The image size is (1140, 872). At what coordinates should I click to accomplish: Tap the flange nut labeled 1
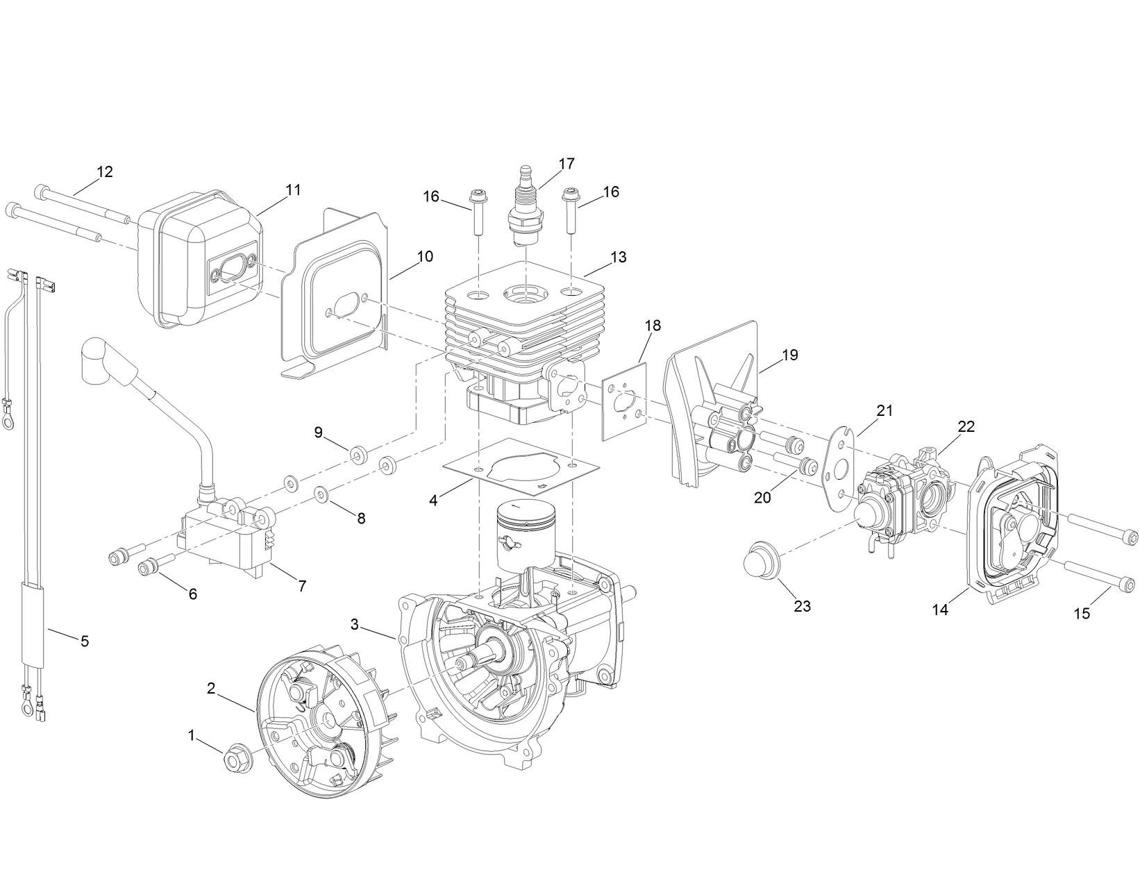(236, 760)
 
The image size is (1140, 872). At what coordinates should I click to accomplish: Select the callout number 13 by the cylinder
(618, 258)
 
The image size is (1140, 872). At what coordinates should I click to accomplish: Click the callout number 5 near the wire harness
(85, 641)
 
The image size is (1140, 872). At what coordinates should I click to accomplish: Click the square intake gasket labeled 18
(624, 403)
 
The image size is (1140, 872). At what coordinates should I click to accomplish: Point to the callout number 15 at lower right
(1082, 613)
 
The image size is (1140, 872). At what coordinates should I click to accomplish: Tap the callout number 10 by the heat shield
(425, 257)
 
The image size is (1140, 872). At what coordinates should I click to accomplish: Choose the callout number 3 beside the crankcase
(355, 624)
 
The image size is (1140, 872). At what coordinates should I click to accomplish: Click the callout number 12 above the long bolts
(105, 172)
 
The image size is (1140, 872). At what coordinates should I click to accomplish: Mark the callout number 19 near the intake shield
(789, 355)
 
